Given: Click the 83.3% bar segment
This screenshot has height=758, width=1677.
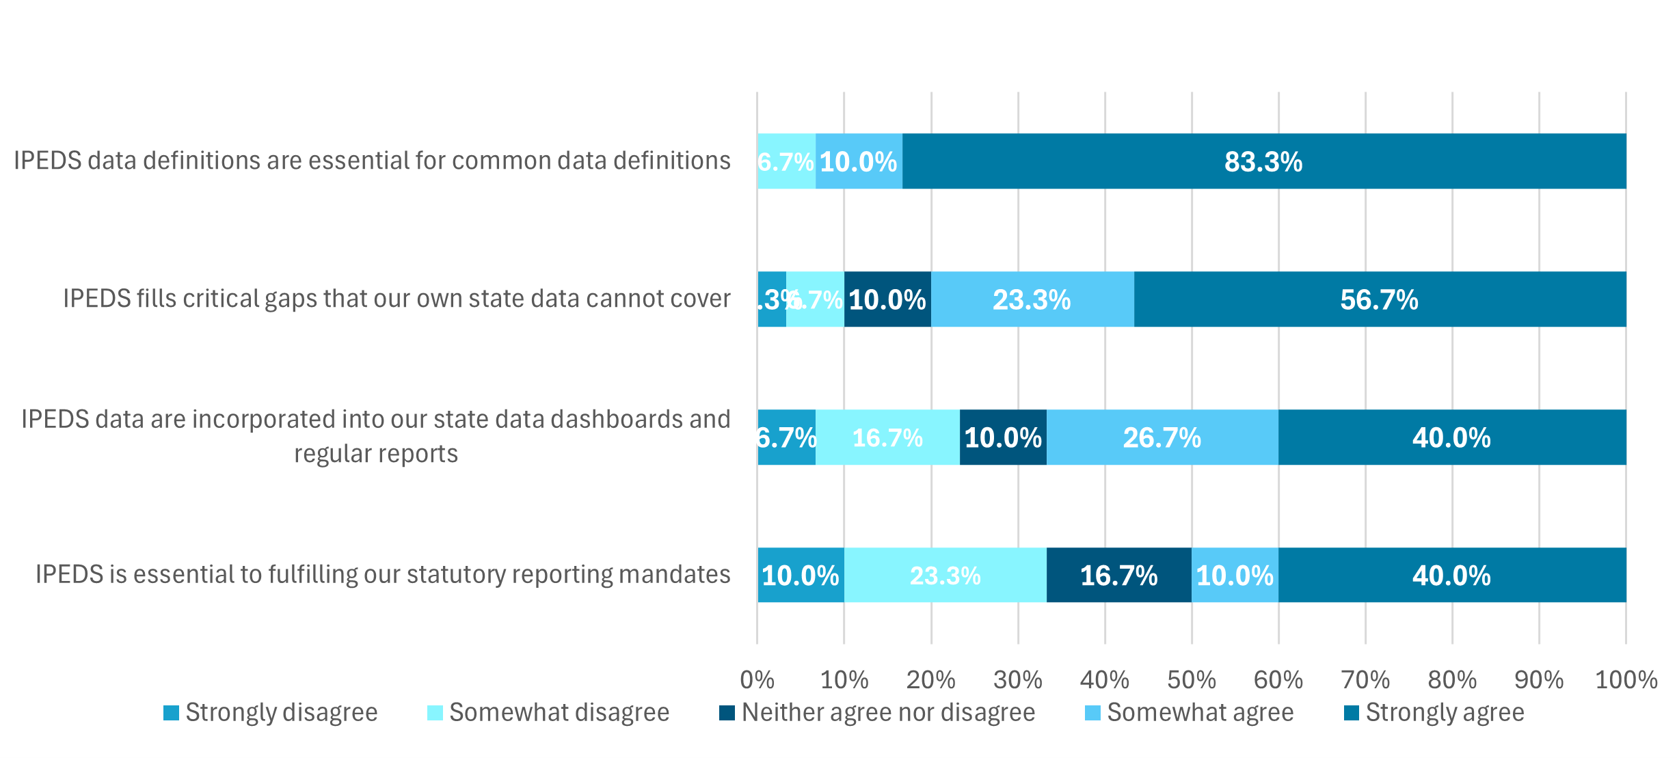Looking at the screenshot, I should (1263, 161).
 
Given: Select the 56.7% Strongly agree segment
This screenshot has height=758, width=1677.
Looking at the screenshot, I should (1379, 299).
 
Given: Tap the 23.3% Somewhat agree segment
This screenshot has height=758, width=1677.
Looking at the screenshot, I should (1032, 299).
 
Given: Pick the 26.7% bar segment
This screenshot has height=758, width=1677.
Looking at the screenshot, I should (1162, 437).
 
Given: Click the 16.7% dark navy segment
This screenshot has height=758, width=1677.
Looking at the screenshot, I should (1118, 575).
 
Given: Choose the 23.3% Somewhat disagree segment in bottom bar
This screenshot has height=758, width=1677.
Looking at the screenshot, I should (945, 575).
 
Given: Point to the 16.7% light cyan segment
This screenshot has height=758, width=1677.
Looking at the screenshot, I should (887, 437).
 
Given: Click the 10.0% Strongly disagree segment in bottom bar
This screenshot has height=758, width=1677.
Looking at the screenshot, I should (800, 575).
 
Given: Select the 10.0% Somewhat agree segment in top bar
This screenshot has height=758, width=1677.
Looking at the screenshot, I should (858, 161).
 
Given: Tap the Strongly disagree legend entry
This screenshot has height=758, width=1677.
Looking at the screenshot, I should (271, 712).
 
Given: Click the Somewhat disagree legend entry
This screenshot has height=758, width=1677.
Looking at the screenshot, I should (548, 712).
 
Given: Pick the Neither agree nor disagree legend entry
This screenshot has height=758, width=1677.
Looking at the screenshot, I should (877, 712).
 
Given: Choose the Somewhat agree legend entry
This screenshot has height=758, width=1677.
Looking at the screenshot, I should (1190, 712).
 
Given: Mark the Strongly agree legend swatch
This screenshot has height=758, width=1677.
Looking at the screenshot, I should (1351, 712).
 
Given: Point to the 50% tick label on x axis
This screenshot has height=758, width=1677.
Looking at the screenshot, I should (1191, 679).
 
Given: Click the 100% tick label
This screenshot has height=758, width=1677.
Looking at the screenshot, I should (1626, 679).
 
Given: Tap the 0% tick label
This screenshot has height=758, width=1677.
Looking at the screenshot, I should (757, 679).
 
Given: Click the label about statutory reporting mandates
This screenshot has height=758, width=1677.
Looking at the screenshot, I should (383, 574).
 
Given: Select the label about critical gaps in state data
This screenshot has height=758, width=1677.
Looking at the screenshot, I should (397, 299).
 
